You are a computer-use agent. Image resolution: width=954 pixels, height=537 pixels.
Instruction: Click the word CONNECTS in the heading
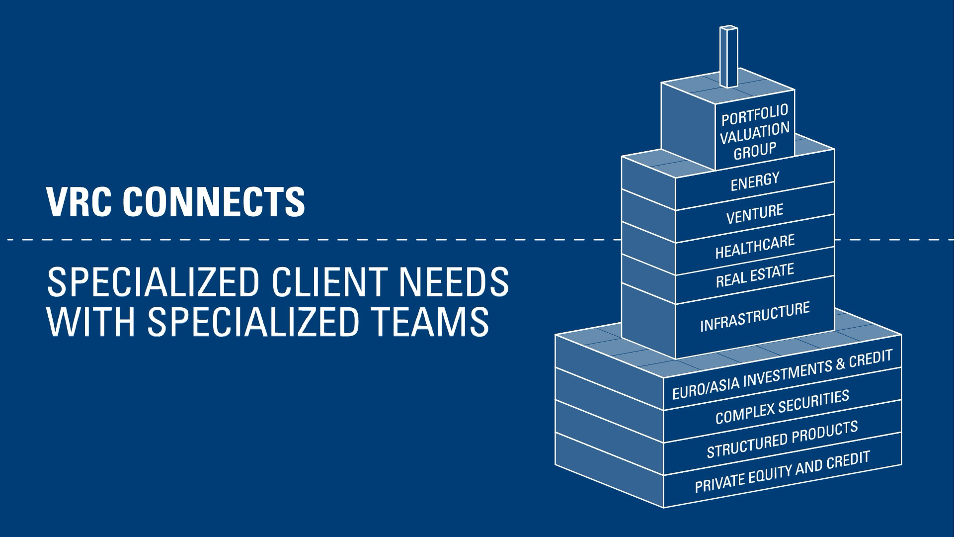pos(214,202)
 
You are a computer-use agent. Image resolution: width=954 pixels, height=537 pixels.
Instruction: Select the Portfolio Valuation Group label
pos(755,132)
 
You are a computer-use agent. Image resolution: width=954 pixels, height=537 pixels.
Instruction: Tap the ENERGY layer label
pos(755,182)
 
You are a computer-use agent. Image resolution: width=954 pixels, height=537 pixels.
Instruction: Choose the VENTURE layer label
pos(755,214)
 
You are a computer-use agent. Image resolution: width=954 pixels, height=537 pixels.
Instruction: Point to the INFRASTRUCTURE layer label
pos(755,317)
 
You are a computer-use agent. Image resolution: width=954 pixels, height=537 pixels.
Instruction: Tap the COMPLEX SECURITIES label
pos(782,407)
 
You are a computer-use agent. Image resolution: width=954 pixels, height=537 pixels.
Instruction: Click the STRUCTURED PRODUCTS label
pos(782,439)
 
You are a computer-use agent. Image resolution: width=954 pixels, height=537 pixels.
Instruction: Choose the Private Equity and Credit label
pos(782,471)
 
